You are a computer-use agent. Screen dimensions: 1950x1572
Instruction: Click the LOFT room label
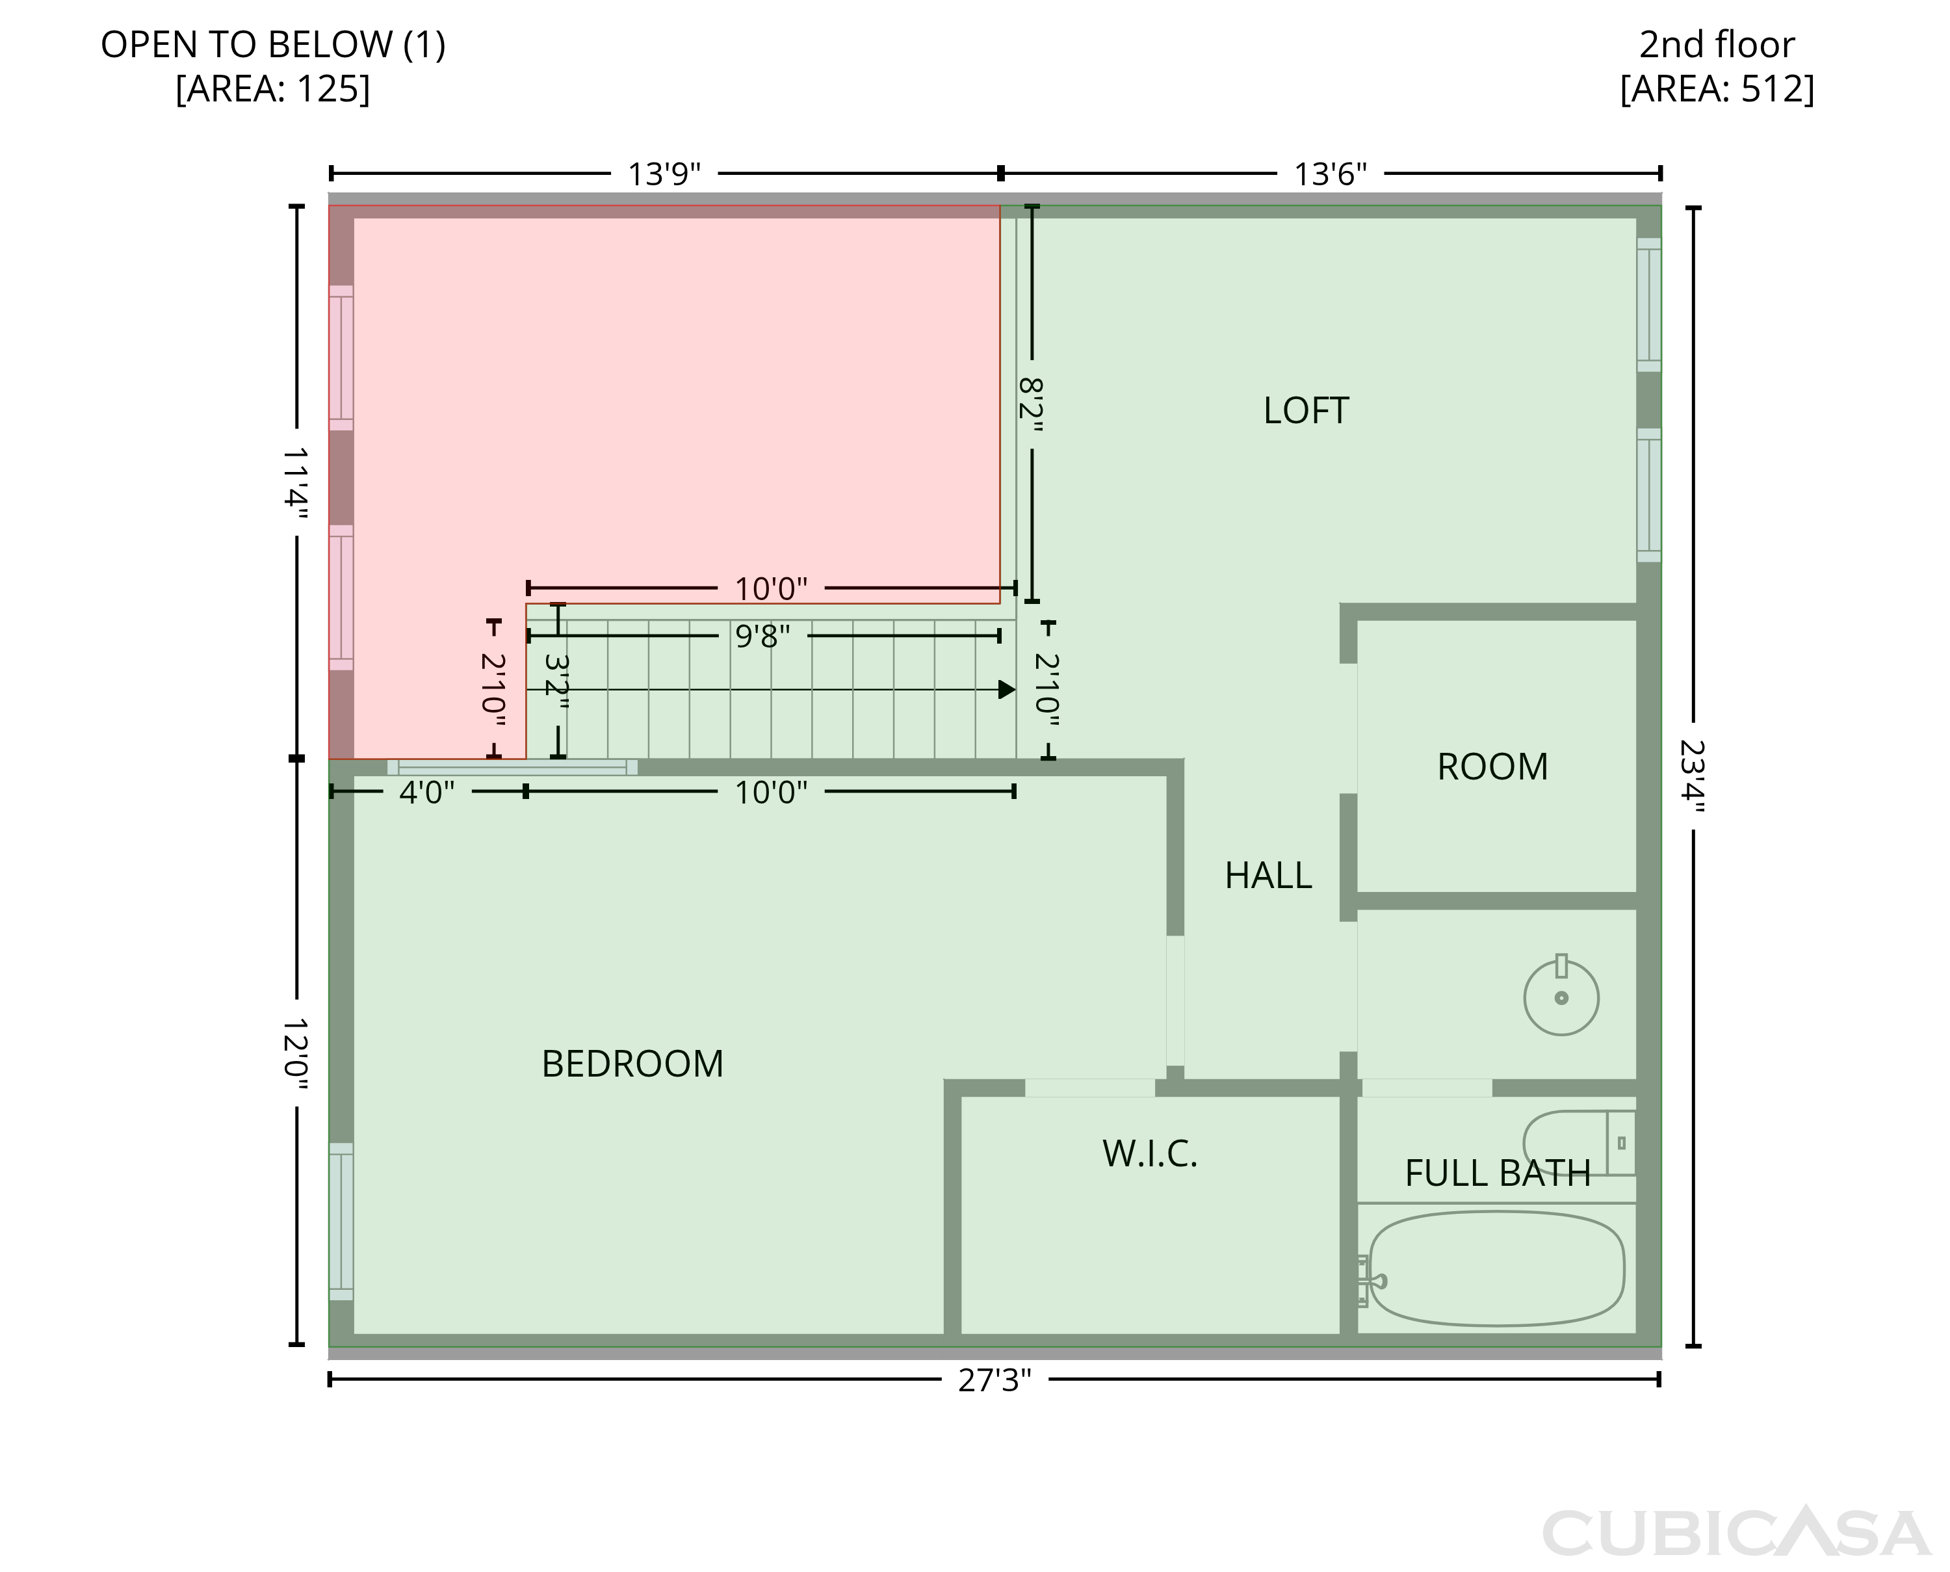[x=1305, y=411]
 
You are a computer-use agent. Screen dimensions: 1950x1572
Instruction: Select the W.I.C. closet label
[x=1150, y=1153]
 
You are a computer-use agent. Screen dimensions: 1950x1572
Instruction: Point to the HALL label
[x=1267, y=876]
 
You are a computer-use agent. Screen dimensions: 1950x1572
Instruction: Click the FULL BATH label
[x=1498, y=1173]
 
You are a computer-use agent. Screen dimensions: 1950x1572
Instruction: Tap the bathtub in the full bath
[x=1496, y=1268]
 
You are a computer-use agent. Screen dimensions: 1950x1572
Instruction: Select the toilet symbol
[x=1579, y=1143]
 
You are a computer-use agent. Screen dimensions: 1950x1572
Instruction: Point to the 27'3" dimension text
[x=994, y=1381]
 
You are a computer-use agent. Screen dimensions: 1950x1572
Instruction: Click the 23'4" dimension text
[x=1692, y=777]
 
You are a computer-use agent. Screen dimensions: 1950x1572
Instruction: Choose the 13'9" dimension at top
[x=664, y=174]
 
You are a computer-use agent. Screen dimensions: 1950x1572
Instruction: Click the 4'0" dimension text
[x=426, y=793]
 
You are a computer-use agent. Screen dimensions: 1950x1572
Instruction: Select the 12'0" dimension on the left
[x=295, y=1053]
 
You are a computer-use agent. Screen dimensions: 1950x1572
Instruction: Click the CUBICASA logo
[x=1736, y=1532]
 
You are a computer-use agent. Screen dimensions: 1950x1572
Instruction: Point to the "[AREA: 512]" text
[x=1717, y=90]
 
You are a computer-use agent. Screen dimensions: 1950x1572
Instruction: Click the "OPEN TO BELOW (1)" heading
[x=272, y=44]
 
